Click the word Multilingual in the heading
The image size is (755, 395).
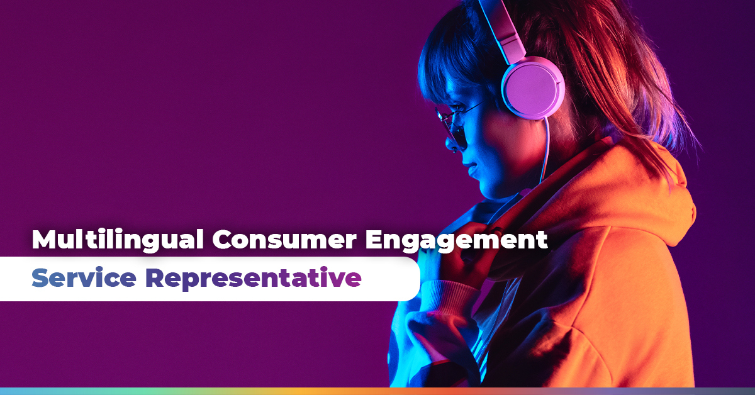[x=118, y=240]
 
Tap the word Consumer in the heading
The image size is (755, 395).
[x=284, y=240]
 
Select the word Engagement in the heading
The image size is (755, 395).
[x=457, y=241]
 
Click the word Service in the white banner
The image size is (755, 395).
[x=84, y=278]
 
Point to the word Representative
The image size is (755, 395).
[x=254, y=279]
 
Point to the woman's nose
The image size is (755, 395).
[x=451, y=144]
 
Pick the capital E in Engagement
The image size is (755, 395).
[x=374, y=240]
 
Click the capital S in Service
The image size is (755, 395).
[x=40, y=277]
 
